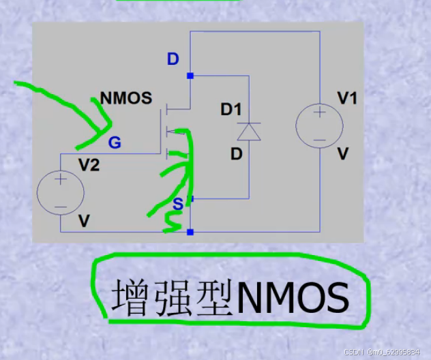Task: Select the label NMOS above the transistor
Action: [x=125, y=98]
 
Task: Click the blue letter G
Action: [x=115, y=142]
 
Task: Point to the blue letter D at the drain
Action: [x=173, y=59]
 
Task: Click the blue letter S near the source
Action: [x=177, y=204]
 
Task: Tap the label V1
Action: [x=347, y=99]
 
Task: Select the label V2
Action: [x=89, y=165]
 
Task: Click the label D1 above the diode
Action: [x=231, y=109]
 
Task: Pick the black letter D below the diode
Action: [x=236, y=154]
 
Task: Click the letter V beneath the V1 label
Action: [x=343, y=154]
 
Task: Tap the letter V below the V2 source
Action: [x=84, y=221]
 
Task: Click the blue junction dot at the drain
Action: [x=190, y=76]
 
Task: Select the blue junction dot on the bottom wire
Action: [x=190, y=232]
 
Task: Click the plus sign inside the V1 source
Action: [x=318, y=115]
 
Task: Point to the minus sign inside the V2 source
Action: [x=60, y=206]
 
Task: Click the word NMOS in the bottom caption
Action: [x=293, y=298]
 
